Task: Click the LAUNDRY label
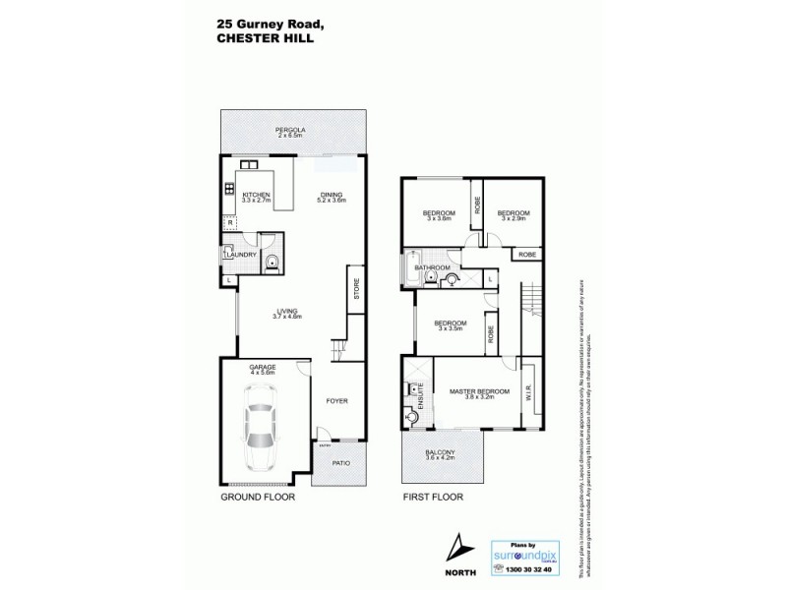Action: tap(241, 256)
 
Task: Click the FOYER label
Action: tap(337, 400)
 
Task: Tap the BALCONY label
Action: tap(443, 454)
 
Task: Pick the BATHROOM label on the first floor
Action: tap(432, 267)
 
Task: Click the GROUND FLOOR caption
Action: tap(258, 498)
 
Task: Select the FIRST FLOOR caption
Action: tap(432, 498)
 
